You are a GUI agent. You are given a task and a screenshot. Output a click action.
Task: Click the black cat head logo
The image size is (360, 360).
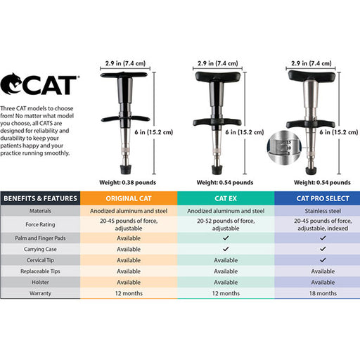[11, 84]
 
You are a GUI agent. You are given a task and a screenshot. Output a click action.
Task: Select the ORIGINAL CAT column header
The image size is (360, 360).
[129, 198]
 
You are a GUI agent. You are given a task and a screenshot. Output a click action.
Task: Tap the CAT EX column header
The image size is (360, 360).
[226, 198]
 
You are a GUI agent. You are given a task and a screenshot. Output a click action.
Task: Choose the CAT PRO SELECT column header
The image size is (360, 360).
[323, 198]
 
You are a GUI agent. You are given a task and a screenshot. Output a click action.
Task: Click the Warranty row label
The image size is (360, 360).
[40, 293]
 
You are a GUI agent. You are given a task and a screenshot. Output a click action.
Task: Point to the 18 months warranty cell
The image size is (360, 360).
[323, 293]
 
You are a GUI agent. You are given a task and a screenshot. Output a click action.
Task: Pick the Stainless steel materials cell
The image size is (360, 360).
[323, 211]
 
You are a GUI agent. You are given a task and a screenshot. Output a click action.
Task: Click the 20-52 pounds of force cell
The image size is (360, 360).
[226, 224]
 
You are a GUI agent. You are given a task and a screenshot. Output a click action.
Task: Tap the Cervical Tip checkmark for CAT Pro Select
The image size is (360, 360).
[323, 260]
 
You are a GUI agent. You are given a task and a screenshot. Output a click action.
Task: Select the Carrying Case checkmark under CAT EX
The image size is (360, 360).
[226, 249]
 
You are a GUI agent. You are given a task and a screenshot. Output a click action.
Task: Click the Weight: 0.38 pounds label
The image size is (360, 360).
[127, 182]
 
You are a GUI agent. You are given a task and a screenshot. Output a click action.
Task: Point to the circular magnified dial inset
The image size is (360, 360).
[284, 148]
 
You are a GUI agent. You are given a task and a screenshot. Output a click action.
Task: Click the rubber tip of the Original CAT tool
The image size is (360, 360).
[126, 169]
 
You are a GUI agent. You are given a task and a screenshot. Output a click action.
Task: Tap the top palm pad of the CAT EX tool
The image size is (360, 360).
[218, 77]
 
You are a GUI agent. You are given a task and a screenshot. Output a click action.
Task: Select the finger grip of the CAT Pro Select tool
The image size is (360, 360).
[311, 124]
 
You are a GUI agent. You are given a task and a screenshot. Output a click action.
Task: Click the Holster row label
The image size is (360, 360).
[40, 282]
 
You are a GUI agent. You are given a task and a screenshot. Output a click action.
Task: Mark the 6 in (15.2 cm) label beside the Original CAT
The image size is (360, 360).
[153, 132]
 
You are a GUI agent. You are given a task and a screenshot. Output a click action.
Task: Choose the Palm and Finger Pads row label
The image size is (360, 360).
[40, 238]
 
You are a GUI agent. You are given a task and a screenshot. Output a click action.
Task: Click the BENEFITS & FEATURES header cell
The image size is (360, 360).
[40, 198]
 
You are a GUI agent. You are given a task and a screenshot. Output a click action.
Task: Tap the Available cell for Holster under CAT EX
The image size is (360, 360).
[226, 282]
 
